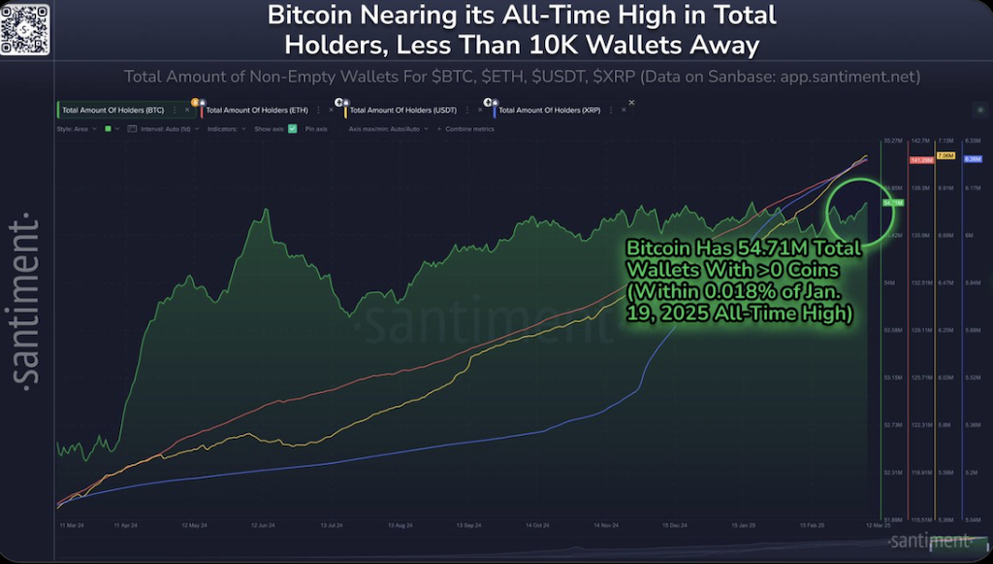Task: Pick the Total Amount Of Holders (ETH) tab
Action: [x=252, y=111]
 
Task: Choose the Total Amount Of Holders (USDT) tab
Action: [x=396, y=111]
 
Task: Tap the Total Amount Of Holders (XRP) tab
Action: [x=548, y=111]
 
